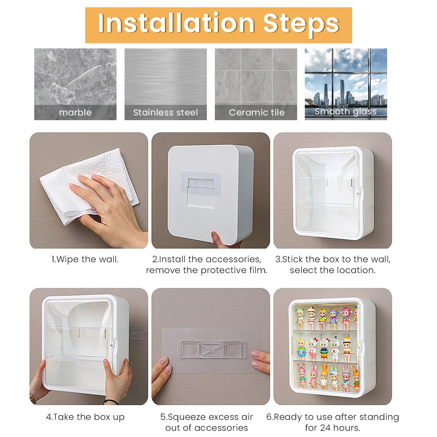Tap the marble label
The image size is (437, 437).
[x=75, y=113]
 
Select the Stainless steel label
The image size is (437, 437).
[x=166, y=113]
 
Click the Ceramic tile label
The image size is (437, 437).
[x=256, y=113]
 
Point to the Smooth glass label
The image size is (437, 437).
[x=345, y=112]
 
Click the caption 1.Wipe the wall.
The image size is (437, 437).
[x=85, y=259]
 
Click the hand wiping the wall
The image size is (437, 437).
[x=109, y=204]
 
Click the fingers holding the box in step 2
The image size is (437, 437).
[x=220, y=239]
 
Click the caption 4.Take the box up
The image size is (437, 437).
[x=85, y=417]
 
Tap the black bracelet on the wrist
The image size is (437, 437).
[x=111, y=402]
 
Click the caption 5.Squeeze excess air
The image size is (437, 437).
[x=206, y=417]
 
